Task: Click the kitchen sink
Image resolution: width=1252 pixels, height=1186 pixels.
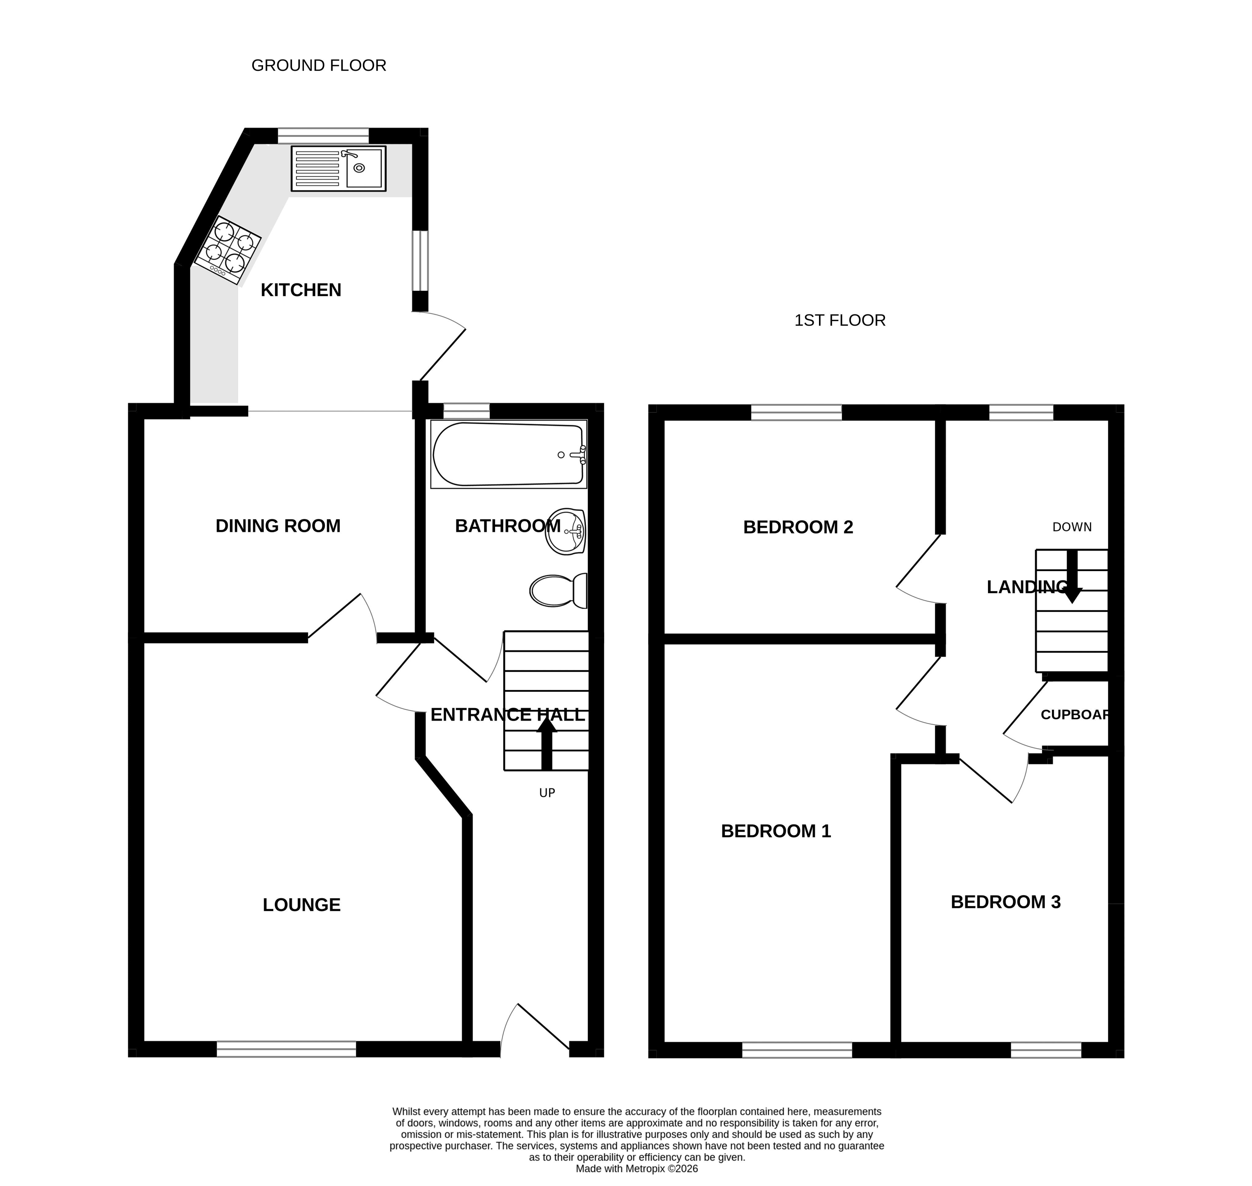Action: tap(338, 169)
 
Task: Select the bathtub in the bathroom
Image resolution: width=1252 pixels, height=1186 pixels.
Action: tap(509, 454)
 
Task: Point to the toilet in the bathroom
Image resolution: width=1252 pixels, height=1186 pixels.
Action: tap(559, 590)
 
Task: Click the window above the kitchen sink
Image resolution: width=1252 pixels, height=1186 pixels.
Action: tap(323, 135)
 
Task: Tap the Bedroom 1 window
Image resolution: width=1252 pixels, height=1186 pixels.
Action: tap(797, 1050)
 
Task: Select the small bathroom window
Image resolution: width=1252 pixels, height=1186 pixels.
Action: tap(467, 411)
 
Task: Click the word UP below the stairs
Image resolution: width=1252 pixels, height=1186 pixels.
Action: tap(547, 793)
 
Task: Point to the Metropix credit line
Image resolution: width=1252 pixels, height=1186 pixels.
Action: tap(637, 1169)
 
